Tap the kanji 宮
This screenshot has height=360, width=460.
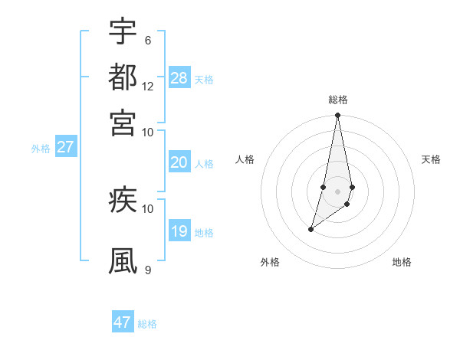(x=123, y=122)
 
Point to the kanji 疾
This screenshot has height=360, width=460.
(x=123, y=200)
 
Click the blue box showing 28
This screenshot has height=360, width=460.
(x=179, y=78)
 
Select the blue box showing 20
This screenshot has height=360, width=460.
(x=179, y=162)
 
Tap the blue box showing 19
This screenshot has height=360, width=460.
(x=179, y=231)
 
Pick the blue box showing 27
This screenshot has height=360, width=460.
(x=65, y=147)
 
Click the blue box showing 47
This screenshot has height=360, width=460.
(x=123, y=322)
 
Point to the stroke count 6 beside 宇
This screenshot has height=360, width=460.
(x=147, y=40)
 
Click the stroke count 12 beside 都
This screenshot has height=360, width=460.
(x=148, y=86)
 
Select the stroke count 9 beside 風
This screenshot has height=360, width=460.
(x=147, y=270)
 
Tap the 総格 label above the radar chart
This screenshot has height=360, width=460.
(x=337, y=100)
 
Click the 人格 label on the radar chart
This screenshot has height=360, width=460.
(x=245, y=159)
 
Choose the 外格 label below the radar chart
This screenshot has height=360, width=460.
(x=270, y=262)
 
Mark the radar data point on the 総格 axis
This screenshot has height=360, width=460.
(x=337, y=116)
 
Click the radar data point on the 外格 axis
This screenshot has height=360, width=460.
(x=310, y=228)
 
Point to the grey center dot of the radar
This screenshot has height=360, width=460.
(x=337, y=191)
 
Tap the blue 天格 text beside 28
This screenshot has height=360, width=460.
(x=204, y=79)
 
